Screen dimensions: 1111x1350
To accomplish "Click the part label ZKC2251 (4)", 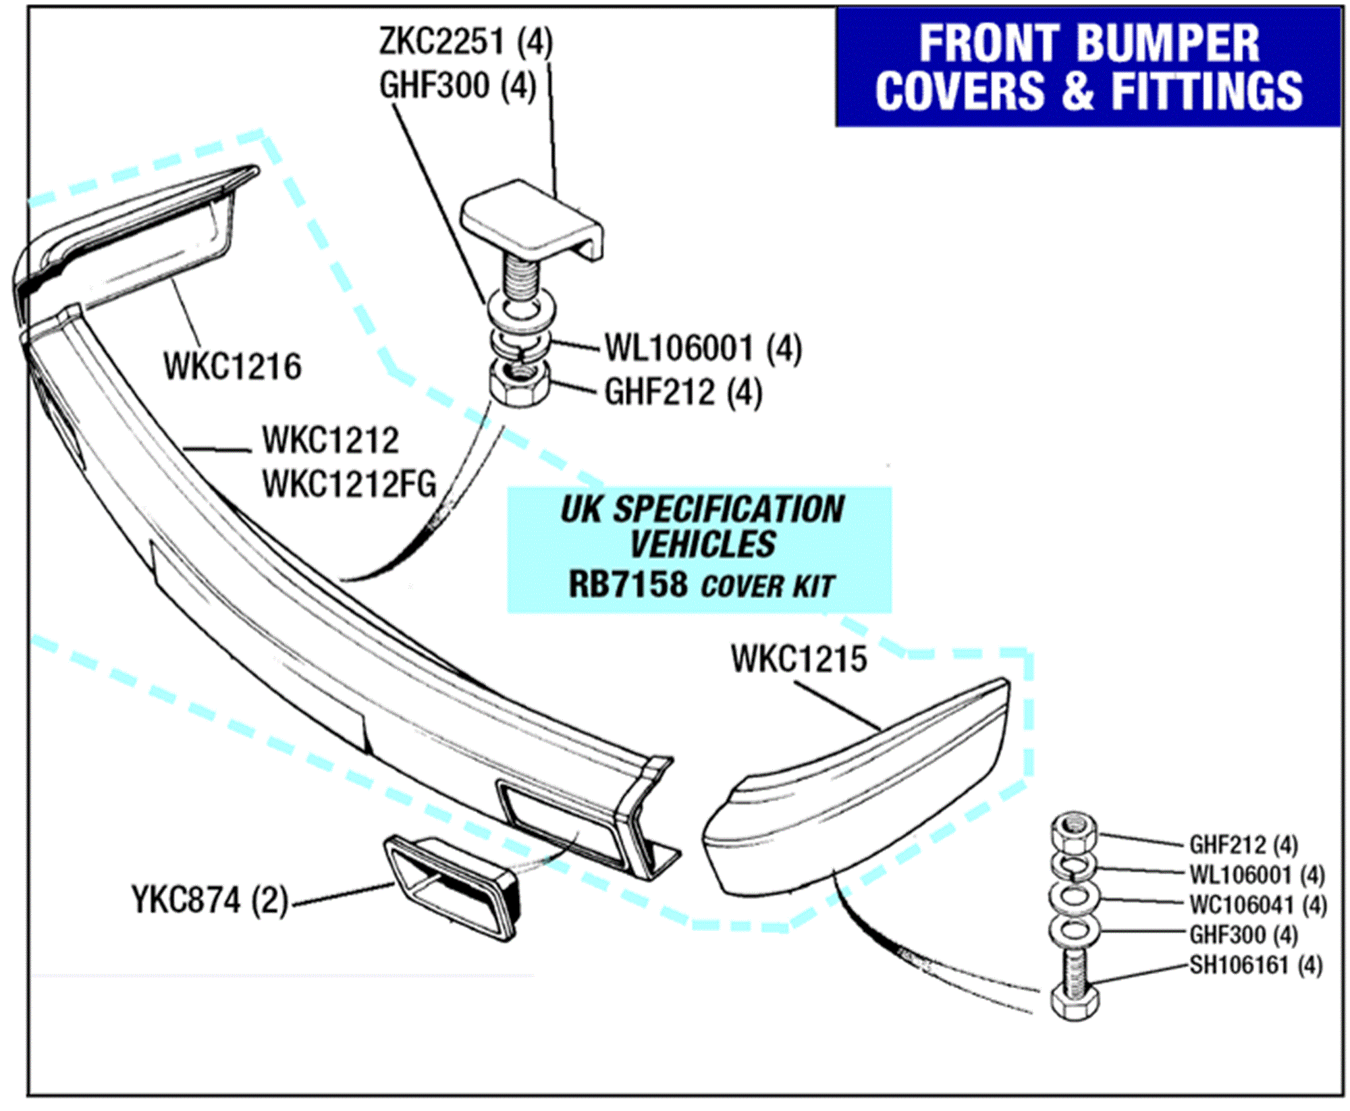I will tap(466, 42).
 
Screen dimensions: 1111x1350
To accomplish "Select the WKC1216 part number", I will tap(232, 367).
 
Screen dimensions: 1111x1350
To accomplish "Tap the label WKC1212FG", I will tap(349, 484).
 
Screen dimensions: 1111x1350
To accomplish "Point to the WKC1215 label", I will tap(799, 659).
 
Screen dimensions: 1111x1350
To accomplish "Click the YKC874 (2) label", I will tap(210, 900).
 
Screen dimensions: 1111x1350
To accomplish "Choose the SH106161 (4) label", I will tap(1255, 965).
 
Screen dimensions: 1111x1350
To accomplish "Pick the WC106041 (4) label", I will tap(1258, 905).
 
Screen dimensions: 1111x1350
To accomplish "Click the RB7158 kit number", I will tap(628, 585).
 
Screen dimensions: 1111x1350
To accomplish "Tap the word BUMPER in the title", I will tap(1167, 44).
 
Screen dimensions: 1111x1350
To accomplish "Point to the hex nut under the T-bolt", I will tap(518, 385).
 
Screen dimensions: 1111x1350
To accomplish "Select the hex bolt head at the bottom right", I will tap(1074, 1004).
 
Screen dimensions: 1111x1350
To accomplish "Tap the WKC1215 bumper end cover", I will tap(857, 790).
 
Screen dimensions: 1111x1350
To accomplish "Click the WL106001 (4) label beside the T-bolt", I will tap(703, 349).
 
